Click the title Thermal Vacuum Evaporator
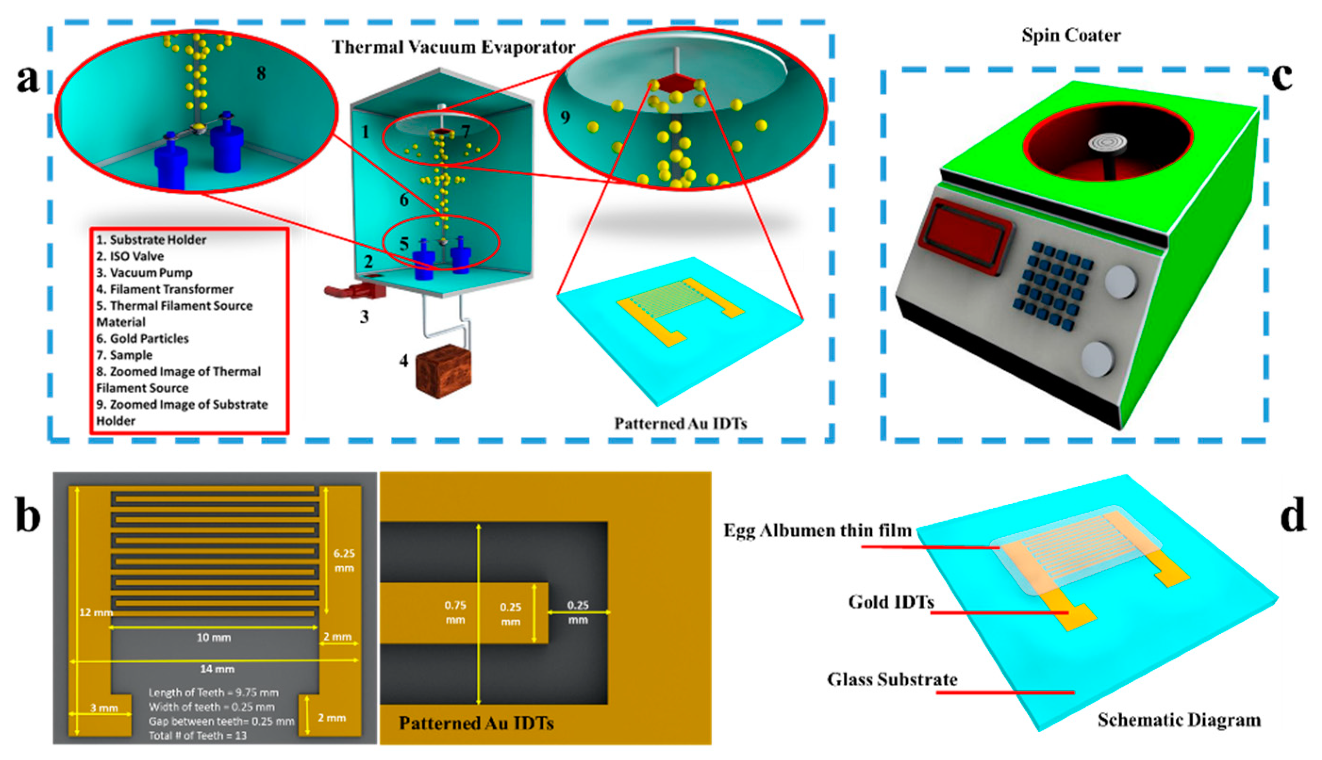(454, 48)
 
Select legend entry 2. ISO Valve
(130, 256)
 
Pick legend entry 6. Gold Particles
(142, 339)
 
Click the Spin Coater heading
(1071, 35)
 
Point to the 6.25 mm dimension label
(344, 560)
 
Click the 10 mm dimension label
(214, 637)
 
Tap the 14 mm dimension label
(217, 669)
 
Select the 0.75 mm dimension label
(455, 612)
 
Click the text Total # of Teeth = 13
(198, 735)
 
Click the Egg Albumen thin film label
(817, 531)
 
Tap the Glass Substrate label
(892, 679)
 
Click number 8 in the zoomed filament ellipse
(261, 74)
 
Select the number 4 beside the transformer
(404, 360)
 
